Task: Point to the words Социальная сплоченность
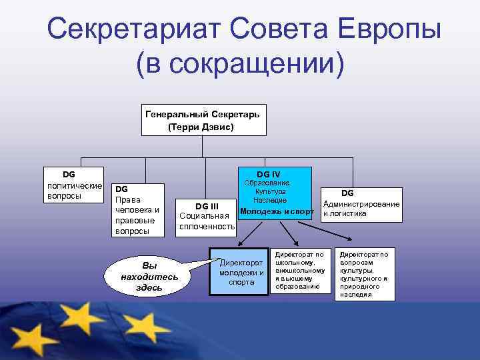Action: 207,221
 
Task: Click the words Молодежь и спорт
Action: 276,211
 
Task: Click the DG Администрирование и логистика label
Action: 361,203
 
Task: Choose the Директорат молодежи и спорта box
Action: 241,272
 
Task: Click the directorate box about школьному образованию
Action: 299,271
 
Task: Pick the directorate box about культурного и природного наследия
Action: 363,274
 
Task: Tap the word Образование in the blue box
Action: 266,183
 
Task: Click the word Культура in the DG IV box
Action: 270,191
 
